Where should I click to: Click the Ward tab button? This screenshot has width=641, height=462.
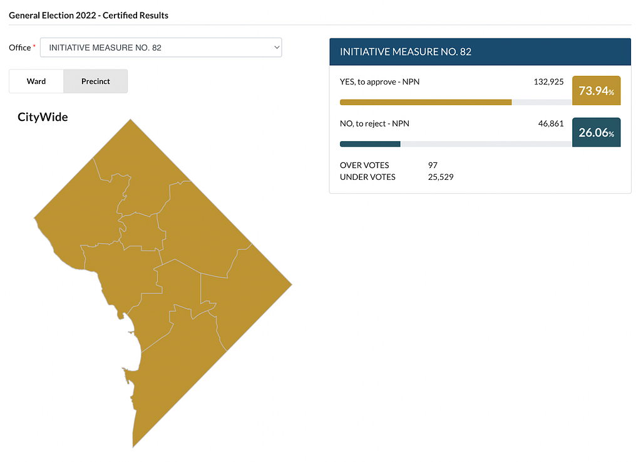coord(36,81)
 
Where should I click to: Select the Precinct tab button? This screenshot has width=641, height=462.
coord(96,81)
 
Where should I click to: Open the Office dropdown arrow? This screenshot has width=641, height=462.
coord(277,48)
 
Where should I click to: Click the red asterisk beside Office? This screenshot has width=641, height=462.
coord(34,46)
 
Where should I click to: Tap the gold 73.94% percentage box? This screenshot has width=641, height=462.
coord(596,90)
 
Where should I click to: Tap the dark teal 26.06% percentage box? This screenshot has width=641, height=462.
coord(596,132)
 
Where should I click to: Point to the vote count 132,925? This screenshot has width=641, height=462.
coord(548,82)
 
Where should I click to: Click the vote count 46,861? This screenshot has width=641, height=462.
coord(551,123)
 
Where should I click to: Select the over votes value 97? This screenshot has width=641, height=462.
coord(433,165)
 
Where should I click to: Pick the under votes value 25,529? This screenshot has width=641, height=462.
coord(441,177)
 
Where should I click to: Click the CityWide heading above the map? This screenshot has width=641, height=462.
coord(43,117)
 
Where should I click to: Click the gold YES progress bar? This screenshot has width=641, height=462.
coord(426,102)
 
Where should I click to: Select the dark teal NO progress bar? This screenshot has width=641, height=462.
coord(370,144)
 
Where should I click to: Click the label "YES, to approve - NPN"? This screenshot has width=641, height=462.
coord(379,82)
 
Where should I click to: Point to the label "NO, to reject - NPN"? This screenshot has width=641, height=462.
coord(374,123)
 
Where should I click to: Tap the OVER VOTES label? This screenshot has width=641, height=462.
coord(364,165)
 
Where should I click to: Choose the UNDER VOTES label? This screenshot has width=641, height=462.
coord(367,177)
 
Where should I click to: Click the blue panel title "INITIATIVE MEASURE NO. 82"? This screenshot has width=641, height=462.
coord(406,52)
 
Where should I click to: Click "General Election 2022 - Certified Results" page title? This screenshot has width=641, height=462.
coord(88,15)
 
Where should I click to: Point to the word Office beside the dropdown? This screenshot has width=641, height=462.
coord(19,48)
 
